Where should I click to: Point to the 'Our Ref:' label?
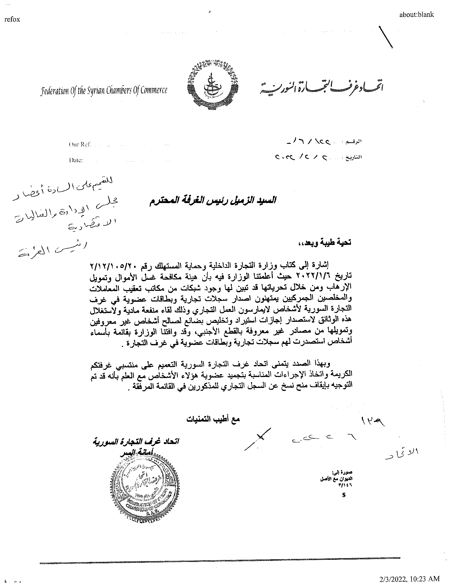[80, 145]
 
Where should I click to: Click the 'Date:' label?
[76, 160]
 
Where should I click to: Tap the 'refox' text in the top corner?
[12, 19]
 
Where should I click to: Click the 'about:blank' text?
[416, 14]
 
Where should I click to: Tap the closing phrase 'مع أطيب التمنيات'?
[213, 419]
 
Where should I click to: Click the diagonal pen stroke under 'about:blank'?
[386, 37]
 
